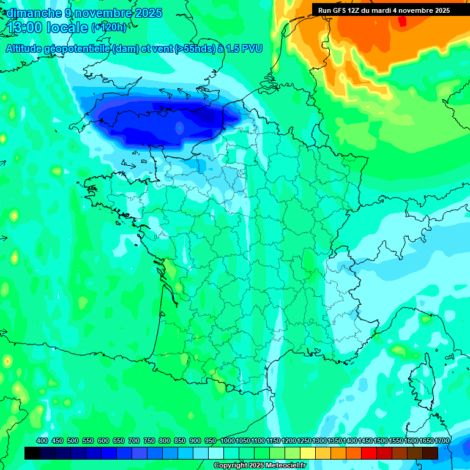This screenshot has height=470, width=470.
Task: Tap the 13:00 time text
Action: point(25,28)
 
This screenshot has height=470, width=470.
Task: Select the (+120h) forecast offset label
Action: point(109,28)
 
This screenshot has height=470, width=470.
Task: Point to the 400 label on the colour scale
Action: point(42,441)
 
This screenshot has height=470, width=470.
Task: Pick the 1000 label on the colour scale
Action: point(228,441)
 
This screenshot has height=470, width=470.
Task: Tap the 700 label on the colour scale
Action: point(134,441)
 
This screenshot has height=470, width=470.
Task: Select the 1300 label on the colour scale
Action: point(319,441)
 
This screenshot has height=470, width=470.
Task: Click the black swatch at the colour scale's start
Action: point(32,453)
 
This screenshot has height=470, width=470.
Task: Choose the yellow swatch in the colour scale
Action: point(308,453)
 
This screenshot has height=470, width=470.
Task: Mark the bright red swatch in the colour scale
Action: point(369,453)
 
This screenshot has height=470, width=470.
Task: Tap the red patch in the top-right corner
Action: point(402,21)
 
